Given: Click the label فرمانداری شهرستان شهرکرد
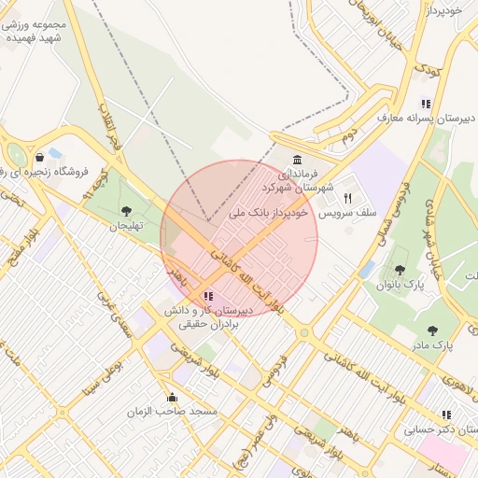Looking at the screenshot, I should (x=301, y=180).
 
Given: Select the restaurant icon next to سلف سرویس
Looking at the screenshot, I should (x=348, y=198).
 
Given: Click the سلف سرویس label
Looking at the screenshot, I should (x=347, y=214).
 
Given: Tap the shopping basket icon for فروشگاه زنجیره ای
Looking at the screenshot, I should (x=39, y=157).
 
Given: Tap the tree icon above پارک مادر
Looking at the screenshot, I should (x=431, y=330).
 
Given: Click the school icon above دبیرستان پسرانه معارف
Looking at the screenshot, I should (x=426, y=104).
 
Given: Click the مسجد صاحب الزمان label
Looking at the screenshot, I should (x=173, y=411).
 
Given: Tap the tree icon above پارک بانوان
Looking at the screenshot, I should (x=401, y=269).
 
